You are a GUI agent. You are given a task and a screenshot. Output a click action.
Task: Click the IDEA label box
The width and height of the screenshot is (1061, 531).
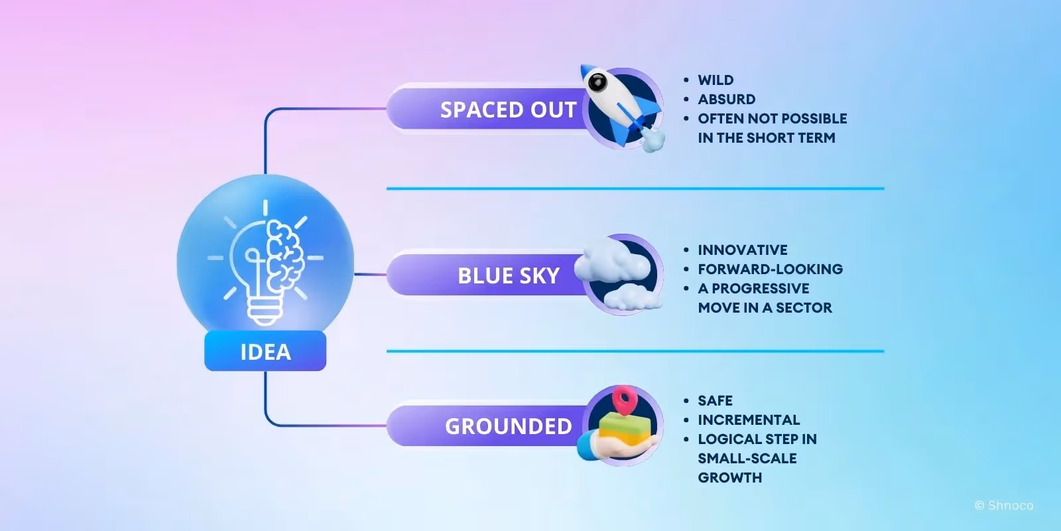pyautogui.click(x=265, y=351)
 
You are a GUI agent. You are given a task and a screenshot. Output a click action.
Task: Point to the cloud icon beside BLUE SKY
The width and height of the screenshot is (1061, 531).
pyautogui.click(x=617, y=272)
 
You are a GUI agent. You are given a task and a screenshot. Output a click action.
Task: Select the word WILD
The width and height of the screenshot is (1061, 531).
pyautogui.click(x=716, y=80)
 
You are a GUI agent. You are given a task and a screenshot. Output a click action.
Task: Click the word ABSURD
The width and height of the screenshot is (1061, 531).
pyautogui.click(x=726, y=100)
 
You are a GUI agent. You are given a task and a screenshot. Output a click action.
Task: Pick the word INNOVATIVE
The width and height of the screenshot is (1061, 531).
pyautogui.click(x=743, y=250)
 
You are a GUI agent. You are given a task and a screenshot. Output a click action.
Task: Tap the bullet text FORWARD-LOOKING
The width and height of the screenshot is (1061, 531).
pyautogui.click(x=770, y=269)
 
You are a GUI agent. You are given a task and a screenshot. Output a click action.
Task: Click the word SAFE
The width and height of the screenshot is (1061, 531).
pyautogui.click(x=715, y=401)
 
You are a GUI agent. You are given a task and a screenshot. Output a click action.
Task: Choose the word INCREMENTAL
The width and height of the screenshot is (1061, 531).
pyautogui.click(x=749, y=420)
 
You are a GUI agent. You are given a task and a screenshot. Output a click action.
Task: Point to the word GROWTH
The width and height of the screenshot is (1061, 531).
pyautogui.click(x=729, y=478)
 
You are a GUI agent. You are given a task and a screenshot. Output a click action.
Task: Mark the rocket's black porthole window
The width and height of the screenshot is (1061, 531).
pyautogui.click(x=597, y=82)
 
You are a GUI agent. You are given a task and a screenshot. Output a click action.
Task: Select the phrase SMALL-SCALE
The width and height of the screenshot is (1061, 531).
pyautogui.click(x=747, y=459)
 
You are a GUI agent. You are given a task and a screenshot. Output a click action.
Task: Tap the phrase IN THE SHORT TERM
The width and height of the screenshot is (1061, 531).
pyautogui.click(x=766, y=138)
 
